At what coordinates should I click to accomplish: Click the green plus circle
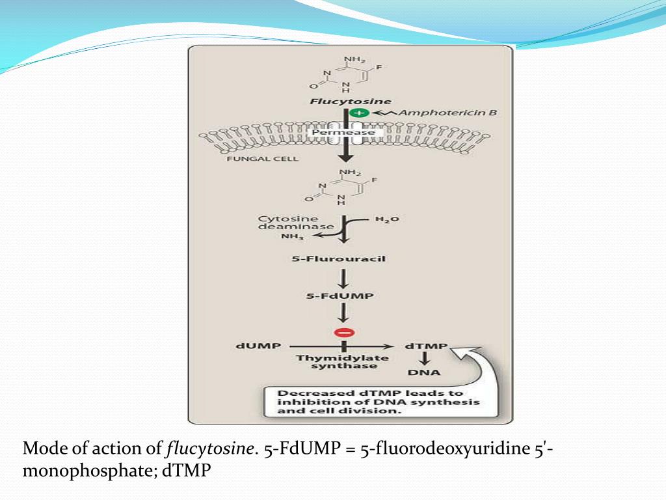[359, 113]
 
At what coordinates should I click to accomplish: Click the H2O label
[387, 219]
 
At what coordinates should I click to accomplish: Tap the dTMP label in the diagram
[426, 346]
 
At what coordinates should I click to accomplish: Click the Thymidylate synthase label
[343, 362]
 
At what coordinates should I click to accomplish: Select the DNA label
[424, 372]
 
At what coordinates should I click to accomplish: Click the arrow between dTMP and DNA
[424, 359]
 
